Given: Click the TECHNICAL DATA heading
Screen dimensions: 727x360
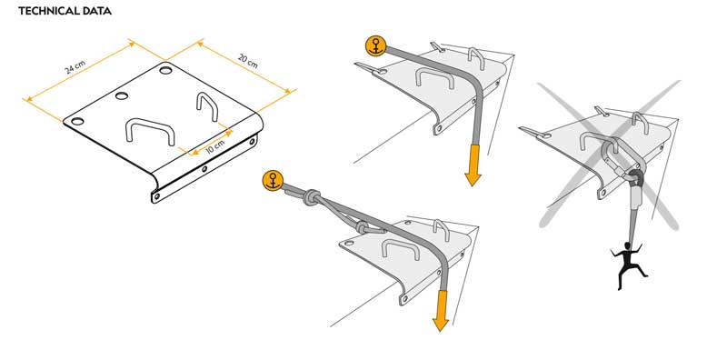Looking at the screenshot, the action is click(65, 11).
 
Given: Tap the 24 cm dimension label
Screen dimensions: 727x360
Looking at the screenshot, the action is click(75, 68).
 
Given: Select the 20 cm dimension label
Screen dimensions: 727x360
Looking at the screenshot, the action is click(247, 61).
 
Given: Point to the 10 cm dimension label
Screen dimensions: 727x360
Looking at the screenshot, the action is click(214, 145).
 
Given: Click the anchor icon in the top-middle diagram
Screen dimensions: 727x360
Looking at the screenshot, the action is click(375, 46).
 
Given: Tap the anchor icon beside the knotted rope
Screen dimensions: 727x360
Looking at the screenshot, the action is click(272, 180).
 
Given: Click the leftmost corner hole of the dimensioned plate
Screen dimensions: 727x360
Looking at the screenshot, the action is click(77, 121).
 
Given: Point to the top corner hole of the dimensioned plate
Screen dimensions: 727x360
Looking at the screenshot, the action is click(165, 70).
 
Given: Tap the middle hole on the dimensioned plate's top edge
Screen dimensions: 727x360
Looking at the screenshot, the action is click(122, 95).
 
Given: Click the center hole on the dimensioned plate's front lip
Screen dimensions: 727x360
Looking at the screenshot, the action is click(204, 169).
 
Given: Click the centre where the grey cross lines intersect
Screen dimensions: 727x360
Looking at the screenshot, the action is click(609, 155).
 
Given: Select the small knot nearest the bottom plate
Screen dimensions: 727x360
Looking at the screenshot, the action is click(362, 227).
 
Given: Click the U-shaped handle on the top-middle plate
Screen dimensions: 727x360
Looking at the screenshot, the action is click(434, 76).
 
